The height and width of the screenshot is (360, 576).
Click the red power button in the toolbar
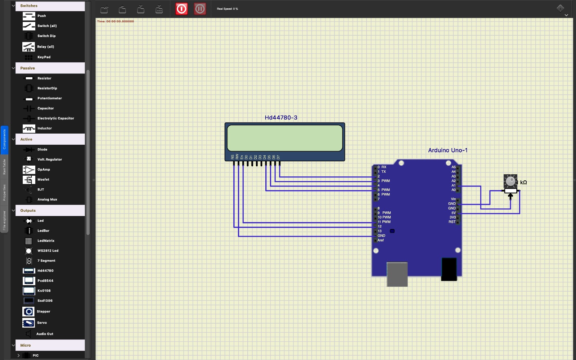point(181,9)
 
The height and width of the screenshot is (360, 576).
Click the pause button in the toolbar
point(200,9)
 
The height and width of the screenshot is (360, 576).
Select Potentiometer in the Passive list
point(49,98)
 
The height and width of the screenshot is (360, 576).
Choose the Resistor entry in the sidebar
point(44,78)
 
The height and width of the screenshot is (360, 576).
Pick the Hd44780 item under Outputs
point(45,271)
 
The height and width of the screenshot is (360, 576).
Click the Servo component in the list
point(42,323)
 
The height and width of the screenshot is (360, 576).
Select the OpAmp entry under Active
point(44,170)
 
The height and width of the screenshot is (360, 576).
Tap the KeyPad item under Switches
point(44,57)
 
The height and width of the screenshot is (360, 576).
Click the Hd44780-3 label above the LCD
point(281,118)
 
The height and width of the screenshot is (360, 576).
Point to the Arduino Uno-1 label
point(447,150)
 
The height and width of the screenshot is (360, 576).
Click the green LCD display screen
point(284,138)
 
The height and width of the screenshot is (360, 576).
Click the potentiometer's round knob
point(510,181)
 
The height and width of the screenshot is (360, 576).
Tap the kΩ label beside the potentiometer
point(523,183)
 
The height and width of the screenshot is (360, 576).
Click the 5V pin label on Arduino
point(453,213)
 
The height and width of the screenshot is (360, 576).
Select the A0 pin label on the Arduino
point(453,190)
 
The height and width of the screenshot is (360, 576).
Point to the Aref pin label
point(381,240)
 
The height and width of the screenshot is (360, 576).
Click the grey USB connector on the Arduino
point(397,274)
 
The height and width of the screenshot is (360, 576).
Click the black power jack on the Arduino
point(449,269)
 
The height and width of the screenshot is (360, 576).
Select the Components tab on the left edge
point(4,139)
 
